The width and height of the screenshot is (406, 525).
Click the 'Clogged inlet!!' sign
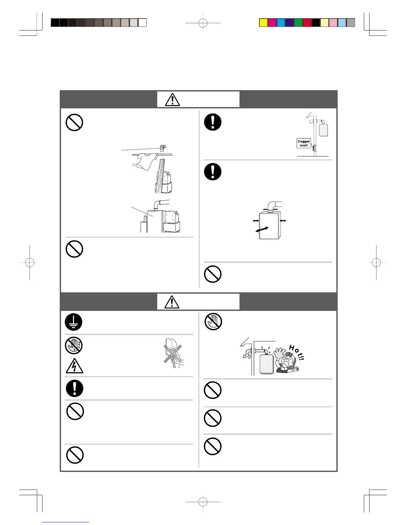[304, 143]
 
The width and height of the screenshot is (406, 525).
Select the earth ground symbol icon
[74, 322]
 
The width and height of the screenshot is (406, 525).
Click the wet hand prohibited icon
[74, 345]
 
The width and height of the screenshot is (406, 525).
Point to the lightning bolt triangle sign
[74, 366]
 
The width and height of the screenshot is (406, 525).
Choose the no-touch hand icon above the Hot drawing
[213, 321]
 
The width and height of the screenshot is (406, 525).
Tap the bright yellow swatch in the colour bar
[263, 23]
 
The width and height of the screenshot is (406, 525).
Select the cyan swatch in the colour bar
[281, 23]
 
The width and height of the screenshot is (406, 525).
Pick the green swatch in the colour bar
[298, 23]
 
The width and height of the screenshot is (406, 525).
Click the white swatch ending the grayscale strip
[142, 23]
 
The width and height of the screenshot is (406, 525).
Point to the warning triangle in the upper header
[172, 99]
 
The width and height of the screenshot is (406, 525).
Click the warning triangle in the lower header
[172, 302]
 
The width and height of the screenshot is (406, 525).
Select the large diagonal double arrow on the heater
[262, 230]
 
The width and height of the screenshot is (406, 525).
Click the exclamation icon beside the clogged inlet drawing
[213, 122]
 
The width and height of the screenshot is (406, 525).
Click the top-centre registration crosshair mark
[203, 23]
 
